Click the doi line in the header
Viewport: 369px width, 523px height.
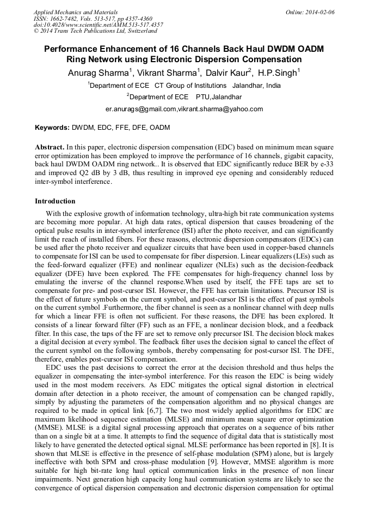coord(98,25)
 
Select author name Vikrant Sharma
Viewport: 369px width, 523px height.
coord(168,73)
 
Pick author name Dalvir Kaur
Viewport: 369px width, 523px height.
coord(226,73)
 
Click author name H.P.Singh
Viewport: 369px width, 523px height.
coord(278,73)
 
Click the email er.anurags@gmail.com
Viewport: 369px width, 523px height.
coord(141,109)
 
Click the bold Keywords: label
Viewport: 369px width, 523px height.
coord(52,128)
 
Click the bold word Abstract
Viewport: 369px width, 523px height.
coord(50,147)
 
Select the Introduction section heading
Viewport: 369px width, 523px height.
coord(55,201)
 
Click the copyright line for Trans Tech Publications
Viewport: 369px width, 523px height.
coord(95,31)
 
